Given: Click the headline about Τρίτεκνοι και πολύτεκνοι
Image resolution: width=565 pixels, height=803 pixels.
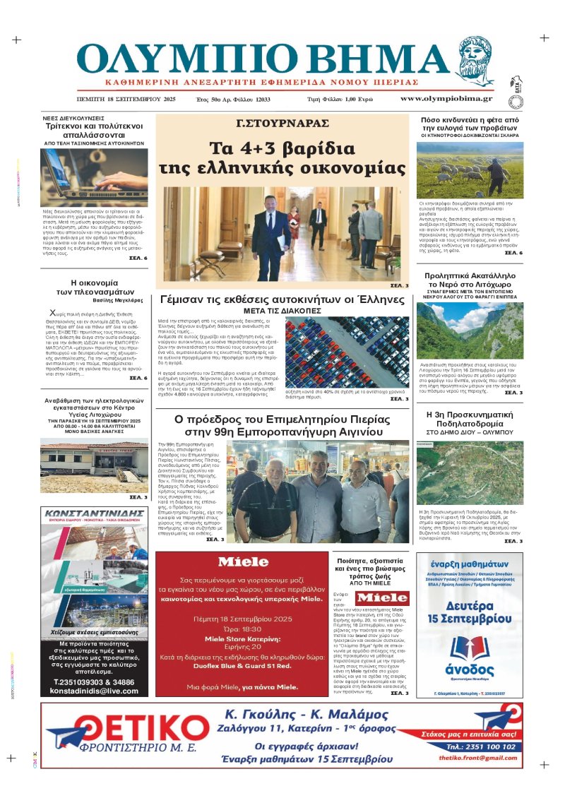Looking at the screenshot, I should pyautogui.click(x=94, y=128).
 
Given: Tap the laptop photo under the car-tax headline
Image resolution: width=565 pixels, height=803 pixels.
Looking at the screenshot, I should pyautogui.click(x=94, y=177).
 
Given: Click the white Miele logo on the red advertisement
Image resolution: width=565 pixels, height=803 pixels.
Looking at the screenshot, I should pyautogui.click(x=243, y=563).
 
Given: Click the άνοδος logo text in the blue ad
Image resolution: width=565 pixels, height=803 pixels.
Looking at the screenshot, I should pyautogui.click(x=470, y=670).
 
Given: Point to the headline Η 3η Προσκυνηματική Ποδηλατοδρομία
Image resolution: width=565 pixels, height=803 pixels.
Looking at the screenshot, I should pyautogui.click(x=470, y=420).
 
